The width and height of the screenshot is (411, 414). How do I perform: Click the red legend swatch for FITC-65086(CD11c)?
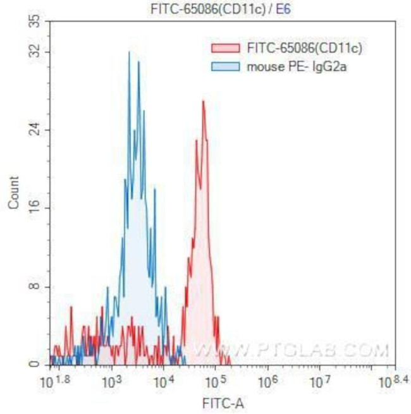click(225, 47)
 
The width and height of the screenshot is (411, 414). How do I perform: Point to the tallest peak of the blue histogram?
click(129, 52)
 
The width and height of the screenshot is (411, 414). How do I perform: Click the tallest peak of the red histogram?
click(203, 101)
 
